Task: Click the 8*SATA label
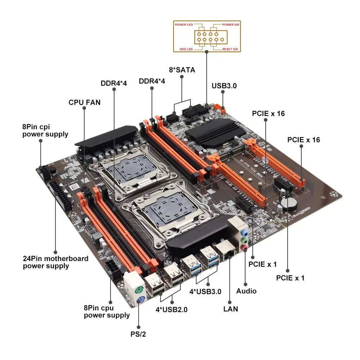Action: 182,70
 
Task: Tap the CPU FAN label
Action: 85,103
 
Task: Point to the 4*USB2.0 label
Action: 171,309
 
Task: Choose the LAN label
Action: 230,309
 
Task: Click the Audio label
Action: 246,291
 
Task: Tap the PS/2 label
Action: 138,334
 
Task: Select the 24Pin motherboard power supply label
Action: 55,262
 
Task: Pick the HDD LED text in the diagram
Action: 186,49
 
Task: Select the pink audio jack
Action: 245,247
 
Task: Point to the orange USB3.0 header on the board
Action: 220,108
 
